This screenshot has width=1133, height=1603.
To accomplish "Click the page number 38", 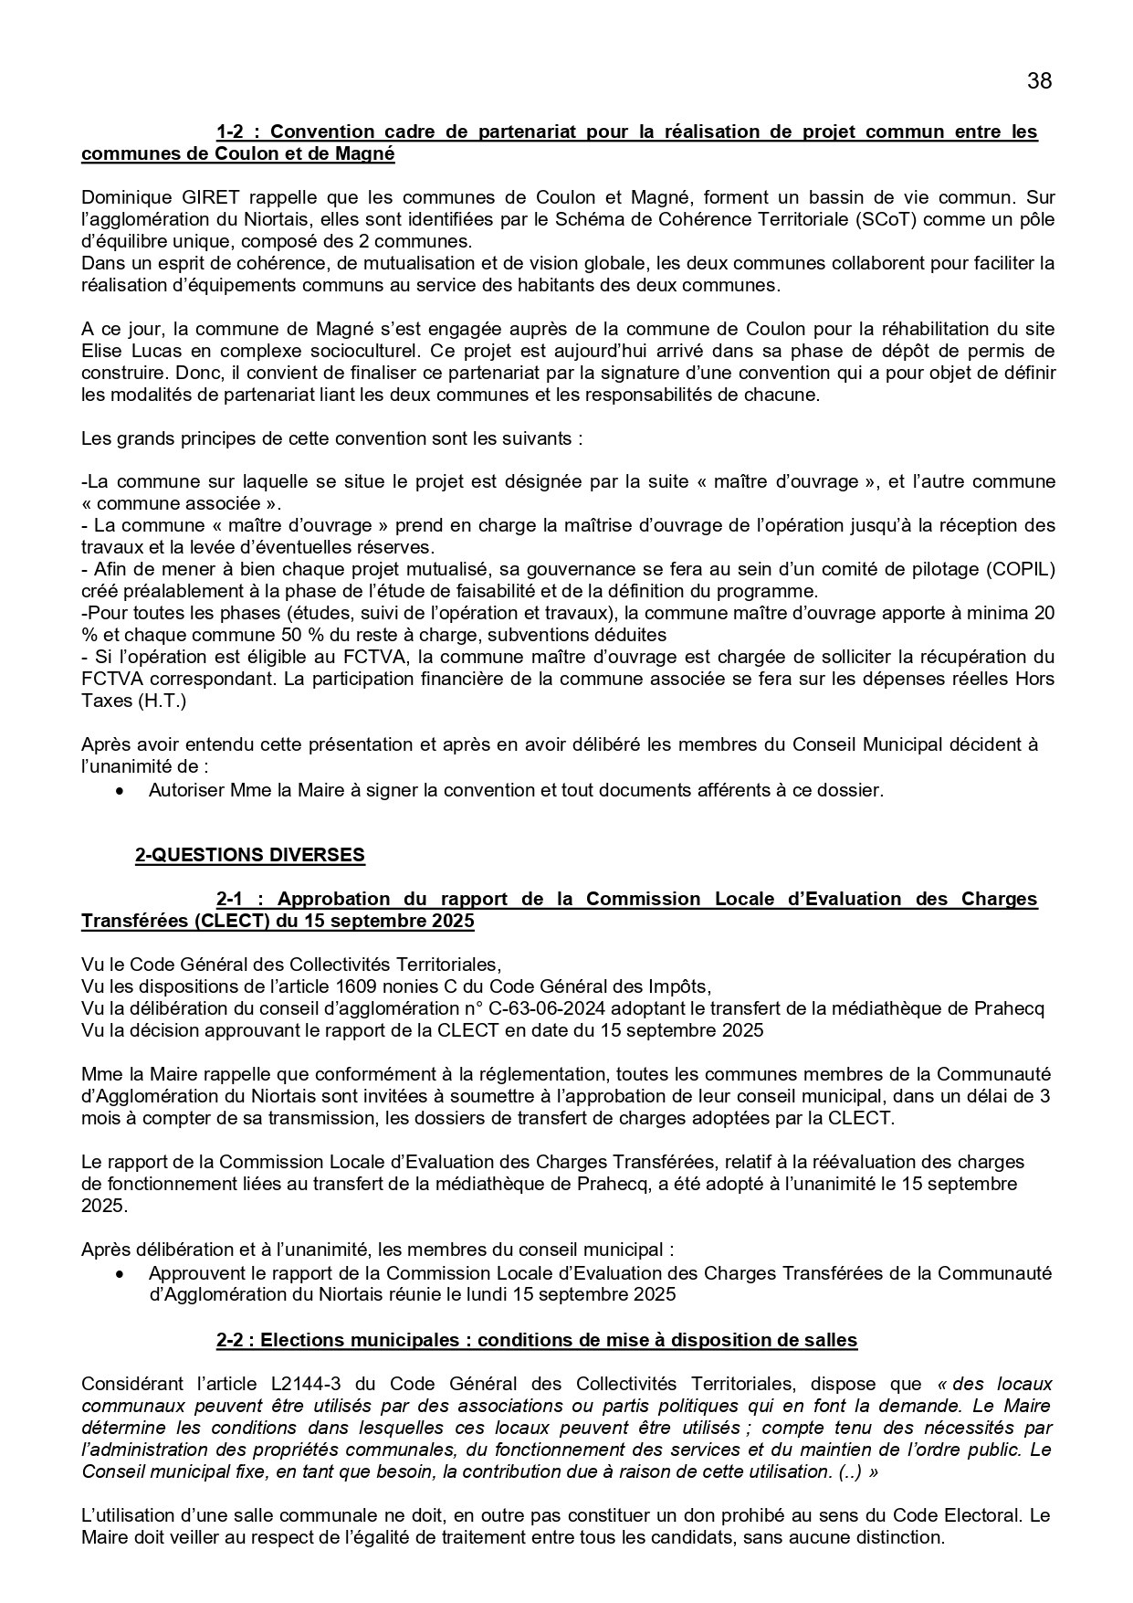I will pos(1039,81).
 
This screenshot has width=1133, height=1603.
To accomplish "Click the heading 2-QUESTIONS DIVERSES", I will pos(249,855).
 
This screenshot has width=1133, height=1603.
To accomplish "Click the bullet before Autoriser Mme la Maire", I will pos(119,791).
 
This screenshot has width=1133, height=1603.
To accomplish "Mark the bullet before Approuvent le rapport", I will pos(119,1273).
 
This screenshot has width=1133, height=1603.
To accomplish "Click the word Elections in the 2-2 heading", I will pos(300,1340).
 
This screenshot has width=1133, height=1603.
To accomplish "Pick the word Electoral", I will pos(979,1515).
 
